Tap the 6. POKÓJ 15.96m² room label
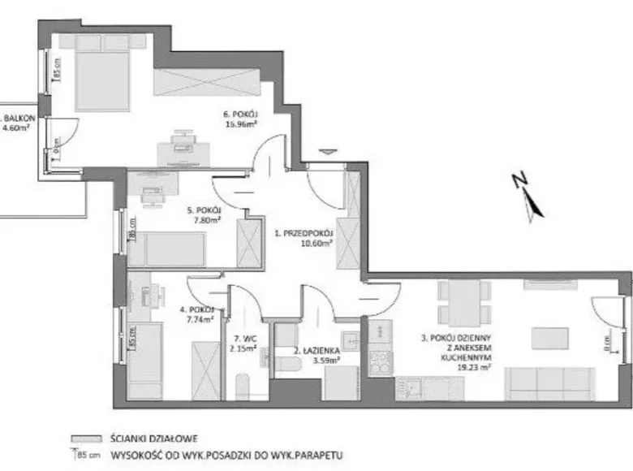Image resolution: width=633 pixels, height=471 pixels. click(241, 119)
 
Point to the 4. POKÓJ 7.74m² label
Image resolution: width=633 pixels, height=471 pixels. click(196, 315)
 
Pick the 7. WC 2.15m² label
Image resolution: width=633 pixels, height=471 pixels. click(243, 344)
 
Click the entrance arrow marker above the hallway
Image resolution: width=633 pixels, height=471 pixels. click(327, 151)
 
